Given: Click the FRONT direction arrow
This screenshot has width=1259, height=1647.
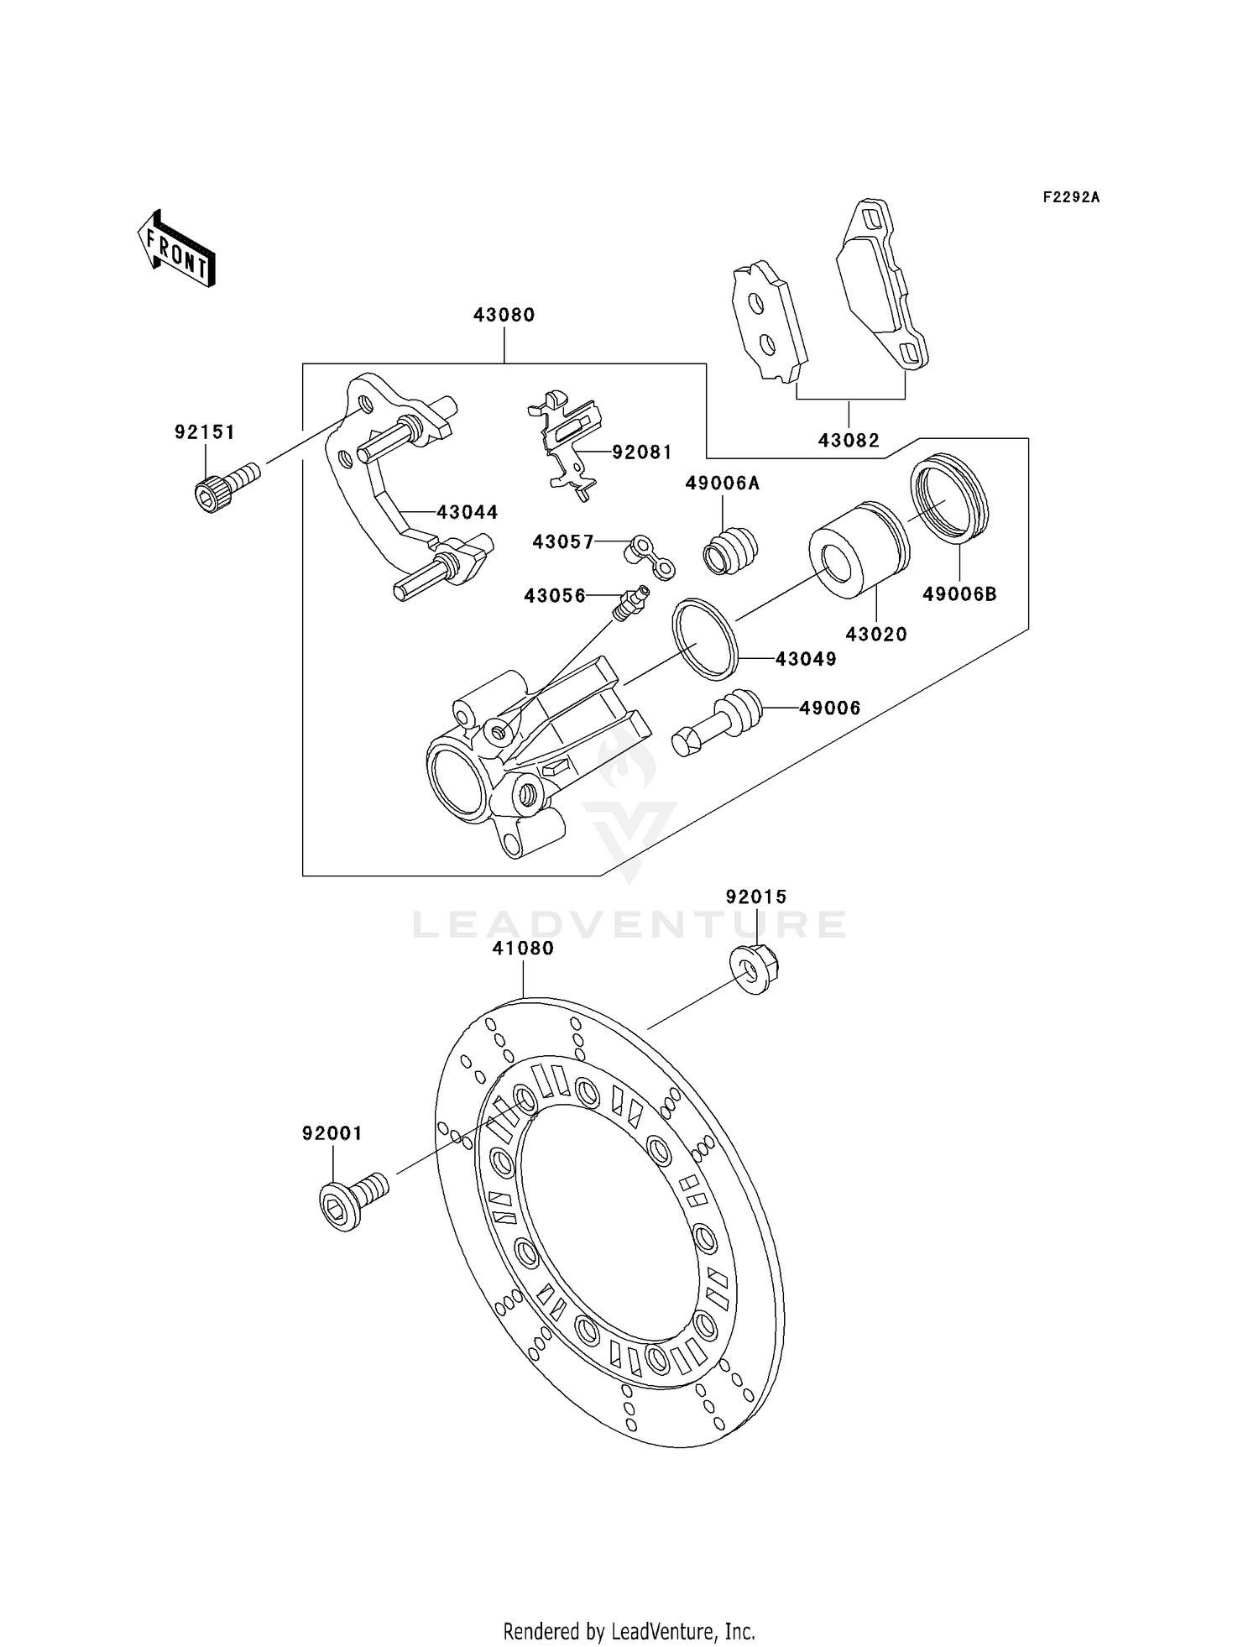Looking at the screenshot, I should [176, 249].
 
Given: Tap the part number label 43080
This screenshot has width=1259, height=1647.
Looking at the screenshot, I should [504, 315].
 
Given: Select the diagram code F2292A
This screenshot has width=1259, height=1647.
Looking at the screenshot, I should [1071, 197].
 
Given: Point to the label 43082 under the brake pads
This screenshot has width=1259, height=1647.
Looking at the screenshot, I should [849, 441].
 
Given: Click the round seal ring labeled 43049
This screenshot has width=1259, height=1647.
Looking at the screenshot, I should [705, 638].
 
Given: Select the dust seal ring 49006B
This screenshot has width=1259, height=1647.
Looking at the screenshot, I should [950, 498].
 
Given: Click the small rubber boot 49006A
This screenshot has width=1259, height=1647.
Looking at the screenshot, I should [730, 551].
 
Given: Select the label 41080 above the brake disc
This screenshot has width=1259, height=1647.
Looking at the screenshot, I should [523, 949].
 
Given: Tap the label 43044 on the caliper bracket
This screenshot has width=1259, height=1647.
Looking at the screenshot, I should [467, 512].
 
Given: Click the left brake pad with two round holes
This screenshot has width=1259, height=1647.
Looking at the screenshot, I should [768, 322].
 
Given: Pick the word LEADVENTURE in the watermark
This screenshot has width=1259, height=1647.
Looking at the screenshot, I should [629, 925].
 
